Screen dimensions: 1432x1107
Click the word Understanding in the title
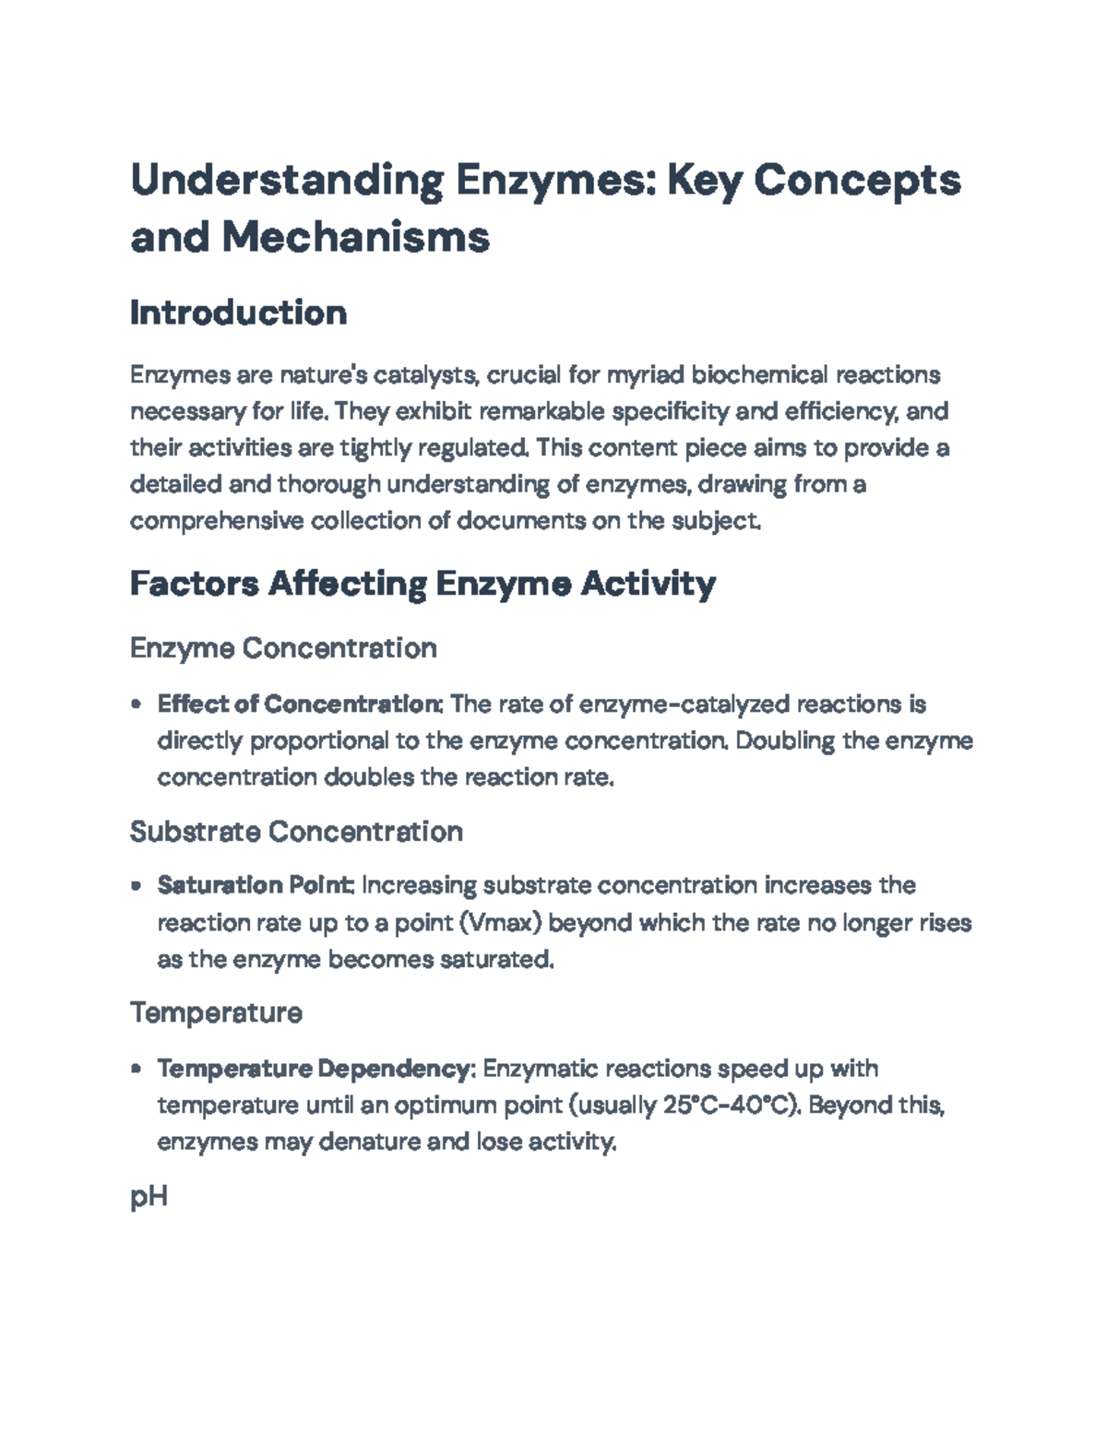pos(287,181)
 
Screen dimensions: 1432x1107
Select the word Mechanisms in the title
pos(355,238)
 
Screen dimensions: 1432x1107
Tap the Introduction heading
pos(238,313)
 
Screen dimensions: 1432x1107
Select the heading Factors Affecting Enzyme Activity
pos(423,584)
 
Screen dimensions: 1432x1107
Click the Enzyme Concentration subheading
pos(283,648)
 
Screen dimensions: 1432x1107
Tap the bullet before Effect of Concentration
pos(137,705)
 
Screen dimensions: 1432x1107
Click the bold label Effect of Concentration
pos(300,704)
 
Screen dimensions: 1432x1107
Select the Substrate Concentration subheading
pos(296,832)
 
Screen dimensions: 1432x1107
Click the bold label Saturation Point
pos(255,885)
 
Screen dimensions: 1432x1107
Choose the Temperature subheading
pos(216,1013)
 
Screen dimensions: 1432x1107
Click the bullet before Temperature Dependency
pos(137,1070)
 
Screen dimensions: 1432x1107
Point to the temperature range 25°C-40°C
pos(730,1106)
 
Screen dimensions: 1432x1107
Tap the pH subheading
pos(149,1198)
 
